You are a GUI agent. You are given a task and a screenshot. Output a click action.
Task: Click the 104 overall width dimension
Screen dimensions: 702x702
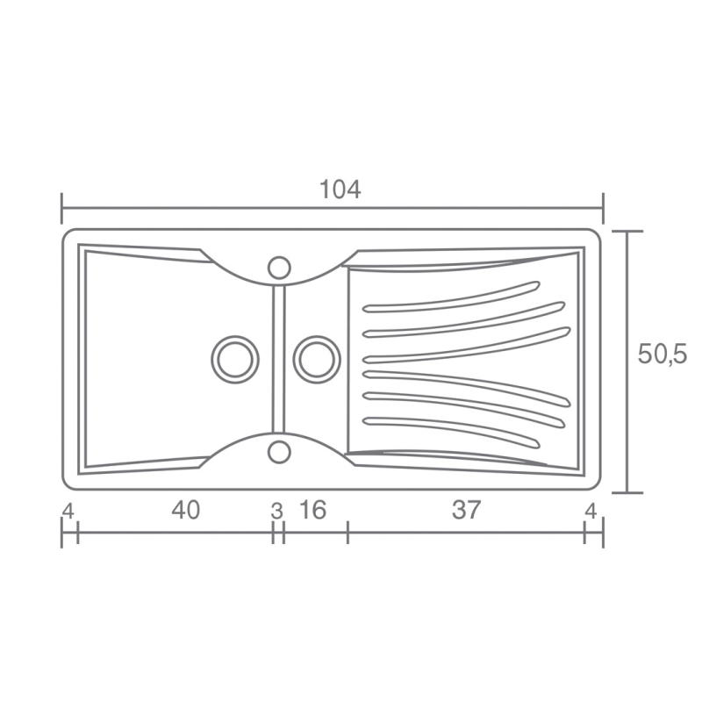click(x=340, y=190)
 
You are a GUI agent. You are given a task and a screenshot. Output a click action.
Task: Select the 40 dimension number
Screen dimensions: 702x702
click(x=185, y=510)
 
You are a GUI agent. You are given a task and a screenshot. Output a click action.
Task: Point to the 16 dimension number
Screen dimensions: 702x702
click(x=313, y=510)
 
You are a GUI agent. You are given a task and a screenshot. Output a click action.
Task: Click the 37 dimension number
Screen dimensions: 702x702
click(x=466, y=510)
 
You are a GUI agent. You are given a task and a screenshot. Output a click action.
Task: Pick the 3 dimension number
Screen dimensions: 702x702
click(x=277, y=512)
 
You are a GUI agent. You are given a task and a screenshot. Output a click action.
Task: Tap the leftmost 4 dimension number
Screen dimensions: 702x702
click(x=68, y=511)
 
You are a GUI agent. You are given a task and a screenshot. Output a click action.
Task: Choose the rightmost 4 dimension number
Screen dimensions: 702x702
click(x=591, y=511)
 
